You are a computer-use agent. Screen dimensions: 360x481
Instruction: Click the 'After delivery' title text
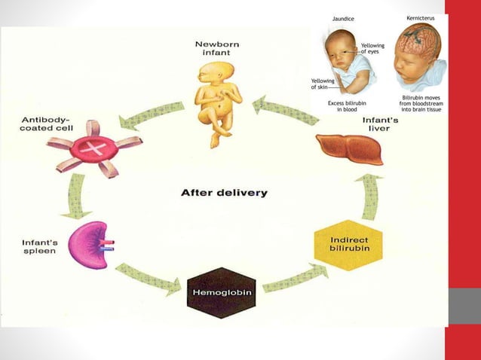coord(224,193)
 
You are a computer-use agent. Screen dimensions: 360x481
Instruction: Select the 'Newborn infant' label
coord(219,49)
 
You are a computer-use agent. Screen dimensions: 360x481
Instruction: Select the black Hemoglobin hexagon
coord(218,287)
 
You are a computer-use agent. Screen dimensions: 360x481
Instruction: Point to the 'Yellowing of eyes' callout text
coord(372,49)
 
